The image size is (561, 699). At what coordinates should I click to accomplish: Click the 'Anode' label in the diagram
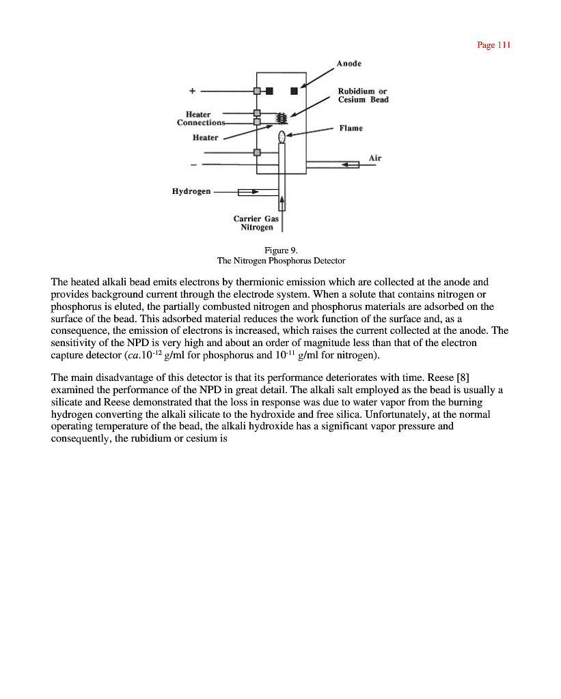[x=349, y=63]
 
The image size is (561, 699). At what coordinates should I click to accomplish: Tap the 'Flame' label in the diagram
[x=351, y=128]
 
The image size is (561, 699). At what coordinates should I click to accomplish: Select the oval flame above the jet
[x=281, y=137]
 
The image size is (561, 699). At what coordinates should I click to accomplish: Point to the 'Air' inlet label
[x=375, y=158]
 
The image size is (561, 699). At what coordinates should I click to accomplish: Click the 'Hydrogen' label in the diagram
[x=191, y=192]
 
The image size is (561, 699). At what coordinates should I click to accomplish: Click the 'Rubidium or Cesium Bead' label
[x=363, y=96]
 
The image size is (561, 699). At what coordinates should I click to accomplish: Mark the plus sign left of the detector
[x=193, y=90]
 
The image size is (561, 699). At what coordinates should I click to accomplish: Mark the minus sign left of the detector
[x=193, y=165]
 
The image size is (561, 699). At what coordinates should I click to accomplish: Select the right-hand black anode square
[x=294, y=91]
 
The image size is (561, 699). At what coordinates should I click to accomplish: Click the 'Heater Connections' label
[x=200, y=119]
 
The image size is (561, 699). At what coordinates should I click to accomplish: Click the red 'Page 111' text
[x=493, y=45]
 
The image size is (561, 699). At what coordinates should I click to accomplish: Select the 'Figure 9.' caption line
[x=281, y=251]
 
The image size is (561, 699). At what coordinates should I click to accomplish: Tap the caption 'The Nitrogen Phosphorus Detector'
[x=281, y=261]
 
